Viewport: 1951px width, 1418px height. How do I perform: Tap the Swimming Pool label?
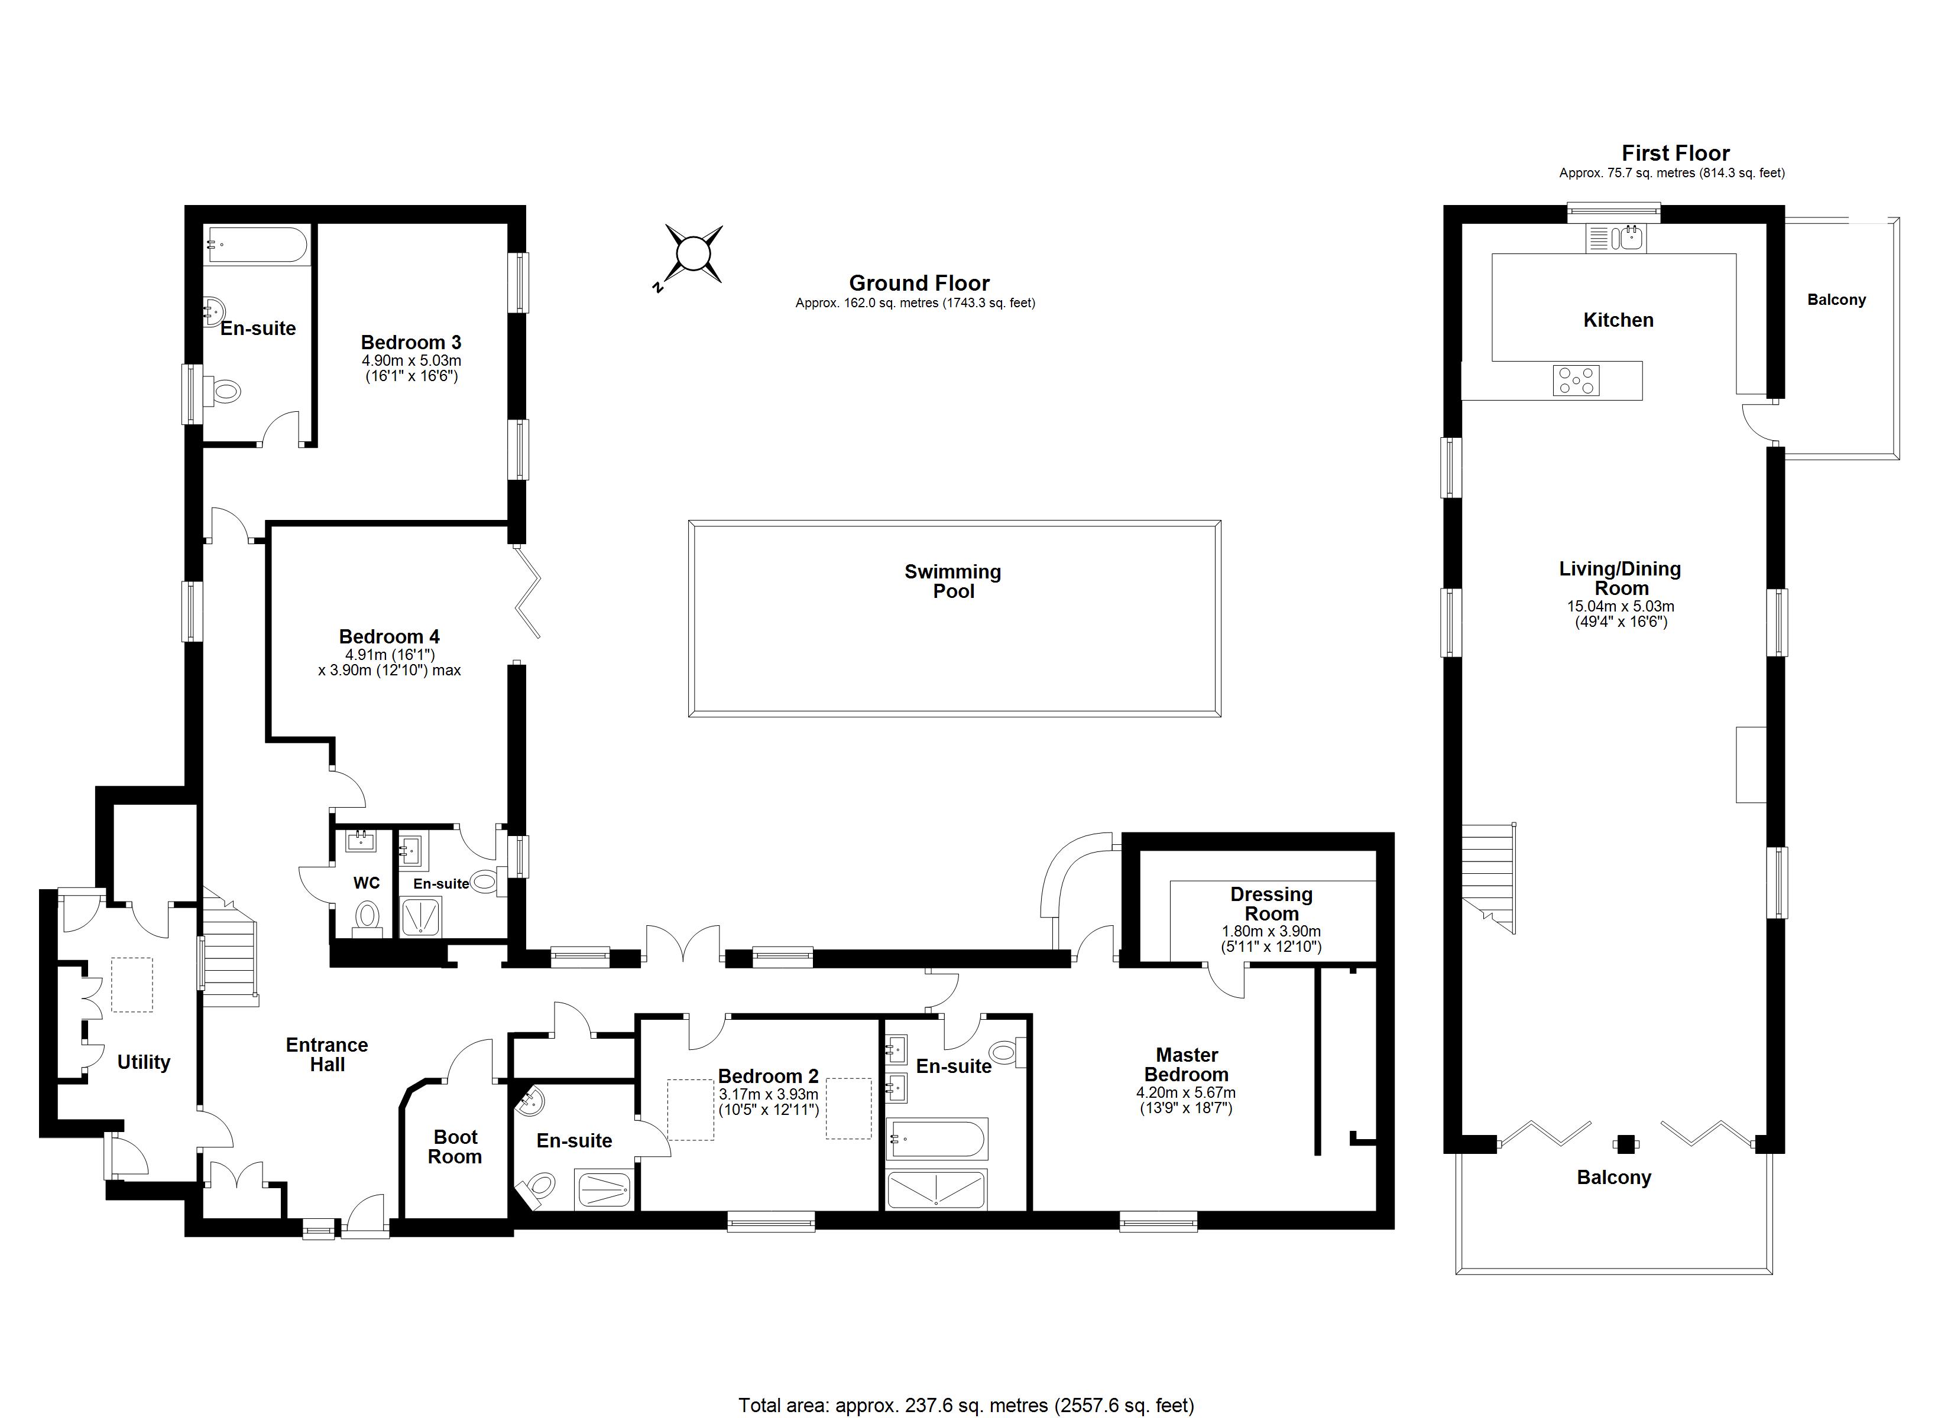[952, 581]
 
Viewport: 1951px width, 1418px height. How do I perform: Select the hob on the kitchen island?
[1576, 380]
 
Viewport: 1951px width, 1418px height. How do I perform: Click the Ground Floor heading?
[919, 283]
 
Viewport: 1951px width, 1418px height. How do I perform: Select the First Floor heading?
[1675, 153]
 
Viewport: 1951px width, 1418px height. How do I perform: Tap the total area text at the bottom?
[965, 1405]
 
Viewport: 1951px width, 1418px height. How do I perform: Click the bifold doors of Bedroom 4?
[527, 593]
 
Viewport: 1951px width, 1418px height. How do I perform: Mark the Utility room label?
[144, 1062]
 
